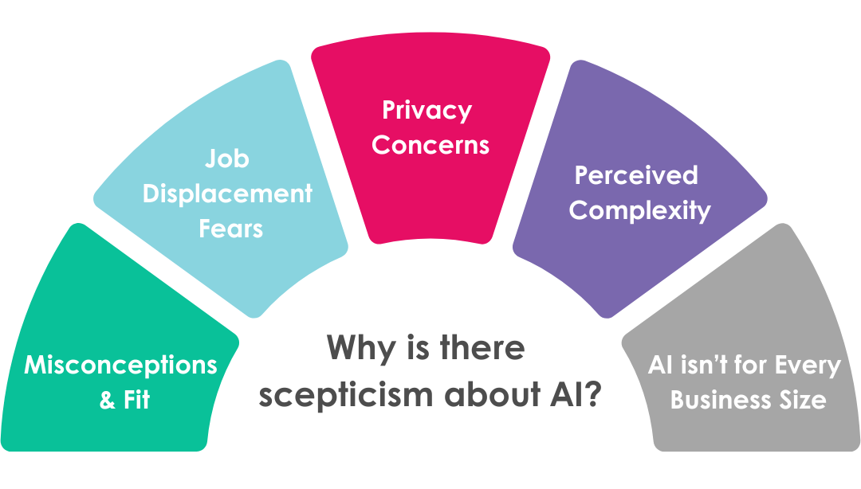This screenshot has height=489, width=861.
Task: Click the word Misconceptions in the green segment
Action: (x=120, y=366)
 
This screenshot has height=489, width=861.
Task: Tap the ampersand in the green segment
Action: (x=108, y=400)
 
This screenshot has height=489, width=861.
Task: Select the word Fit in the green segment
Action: (x=136, y=400)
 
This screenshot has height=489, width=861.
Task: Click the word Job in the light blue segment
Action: (x=227, y=159)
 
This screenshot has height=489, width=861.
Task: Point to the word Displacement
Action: (x=227, y=194)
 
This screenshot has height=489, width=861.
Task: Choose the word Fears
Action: (x=230, y=229)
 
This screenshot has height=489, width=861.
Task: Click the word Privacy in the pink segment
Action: (x=427, y=110)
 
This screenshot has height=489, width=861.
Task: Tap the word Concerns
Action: (x=431, y=146)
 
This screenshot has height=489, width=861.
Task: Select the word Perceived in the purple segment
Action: (x=636, y=175)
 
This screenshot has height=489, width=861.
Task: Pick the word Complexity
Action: (x=639, y=210)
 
